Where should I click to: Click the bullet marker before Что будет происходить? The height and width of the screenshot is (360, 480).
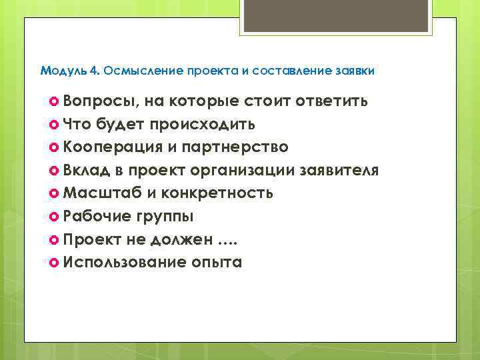(55, 124)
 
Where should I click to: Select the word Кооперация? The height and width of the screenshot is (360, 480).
(115, 147)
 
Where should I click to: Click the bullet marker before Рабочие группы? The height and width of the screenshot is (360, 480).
(55, 216)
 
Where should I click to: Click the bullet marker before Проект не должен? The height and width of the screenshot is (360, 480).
(55, 239)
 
